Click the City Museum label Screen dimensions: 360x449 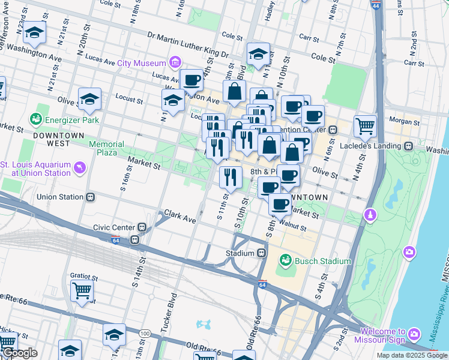pyautogui.click(x=142, y=63)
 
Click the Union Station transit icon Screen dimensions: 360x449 pyautogui.click(x=91, y=197)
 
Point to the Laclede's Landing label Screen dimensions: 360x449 pyautogui.click(x=377, y=146)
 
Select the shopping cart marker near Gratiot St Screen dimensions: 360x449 pyautogui.click(x=82, y=290)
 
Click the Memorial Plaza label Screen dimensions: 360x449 pyautogui.click(x=107, y=148)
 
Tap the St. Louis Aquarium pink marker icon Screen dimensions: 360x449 pyautogui.click(x=78, y=165)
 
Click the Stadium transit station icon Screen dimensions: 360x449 pyautogui.click(x=262, y=253)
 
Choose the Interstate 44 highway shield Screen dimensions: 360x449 pyautogui.click(x=375, y=5)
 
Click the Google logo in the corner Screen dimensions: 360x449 pyautogui.click(x=19, y=353)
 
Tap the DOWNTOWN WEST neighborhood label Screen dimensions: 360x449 pyautogui.click(x=58, y=140)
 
